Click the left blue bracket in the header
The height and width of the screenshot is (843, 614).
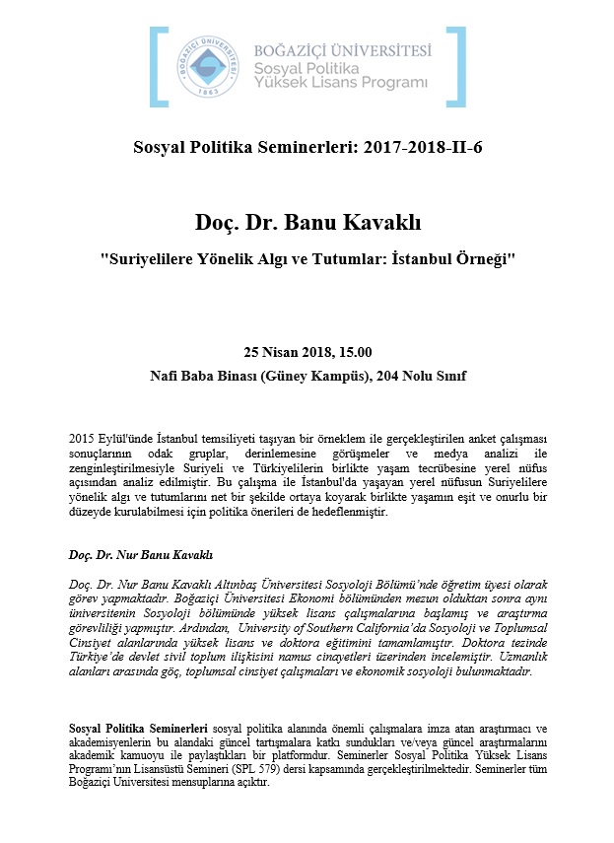pyautogui.click(x=156, y=66)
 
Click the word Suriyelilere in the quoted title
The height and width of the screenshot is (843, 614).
pyautogui.click(x=154, y=258)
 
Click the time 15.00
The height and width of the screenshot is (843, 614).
pyautogui.click(x=352, y=352)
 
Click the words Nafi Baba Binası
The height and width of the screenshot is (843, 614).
pyautogui.click(x=196, y=376)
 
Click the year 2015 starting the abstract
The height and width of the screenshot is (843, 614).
pyautogui.click(x=83, y=438)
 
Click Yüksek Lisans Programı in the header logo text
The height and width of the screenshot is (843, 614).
pyautogui.click(x=341, y=82)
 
